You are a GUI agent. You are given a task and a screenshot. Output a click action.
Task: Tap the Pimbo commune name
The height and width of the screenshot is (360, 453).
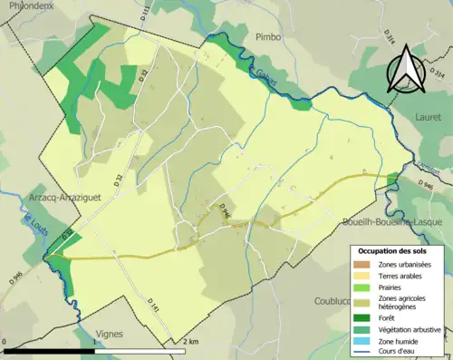268,37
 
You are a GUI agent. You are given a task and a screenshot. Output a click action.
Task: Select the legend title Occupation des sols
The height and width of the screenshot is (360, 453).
395,249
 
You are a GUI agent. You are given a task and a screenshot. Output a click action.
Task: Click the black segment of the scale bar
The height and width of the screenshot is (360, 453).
50,351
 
